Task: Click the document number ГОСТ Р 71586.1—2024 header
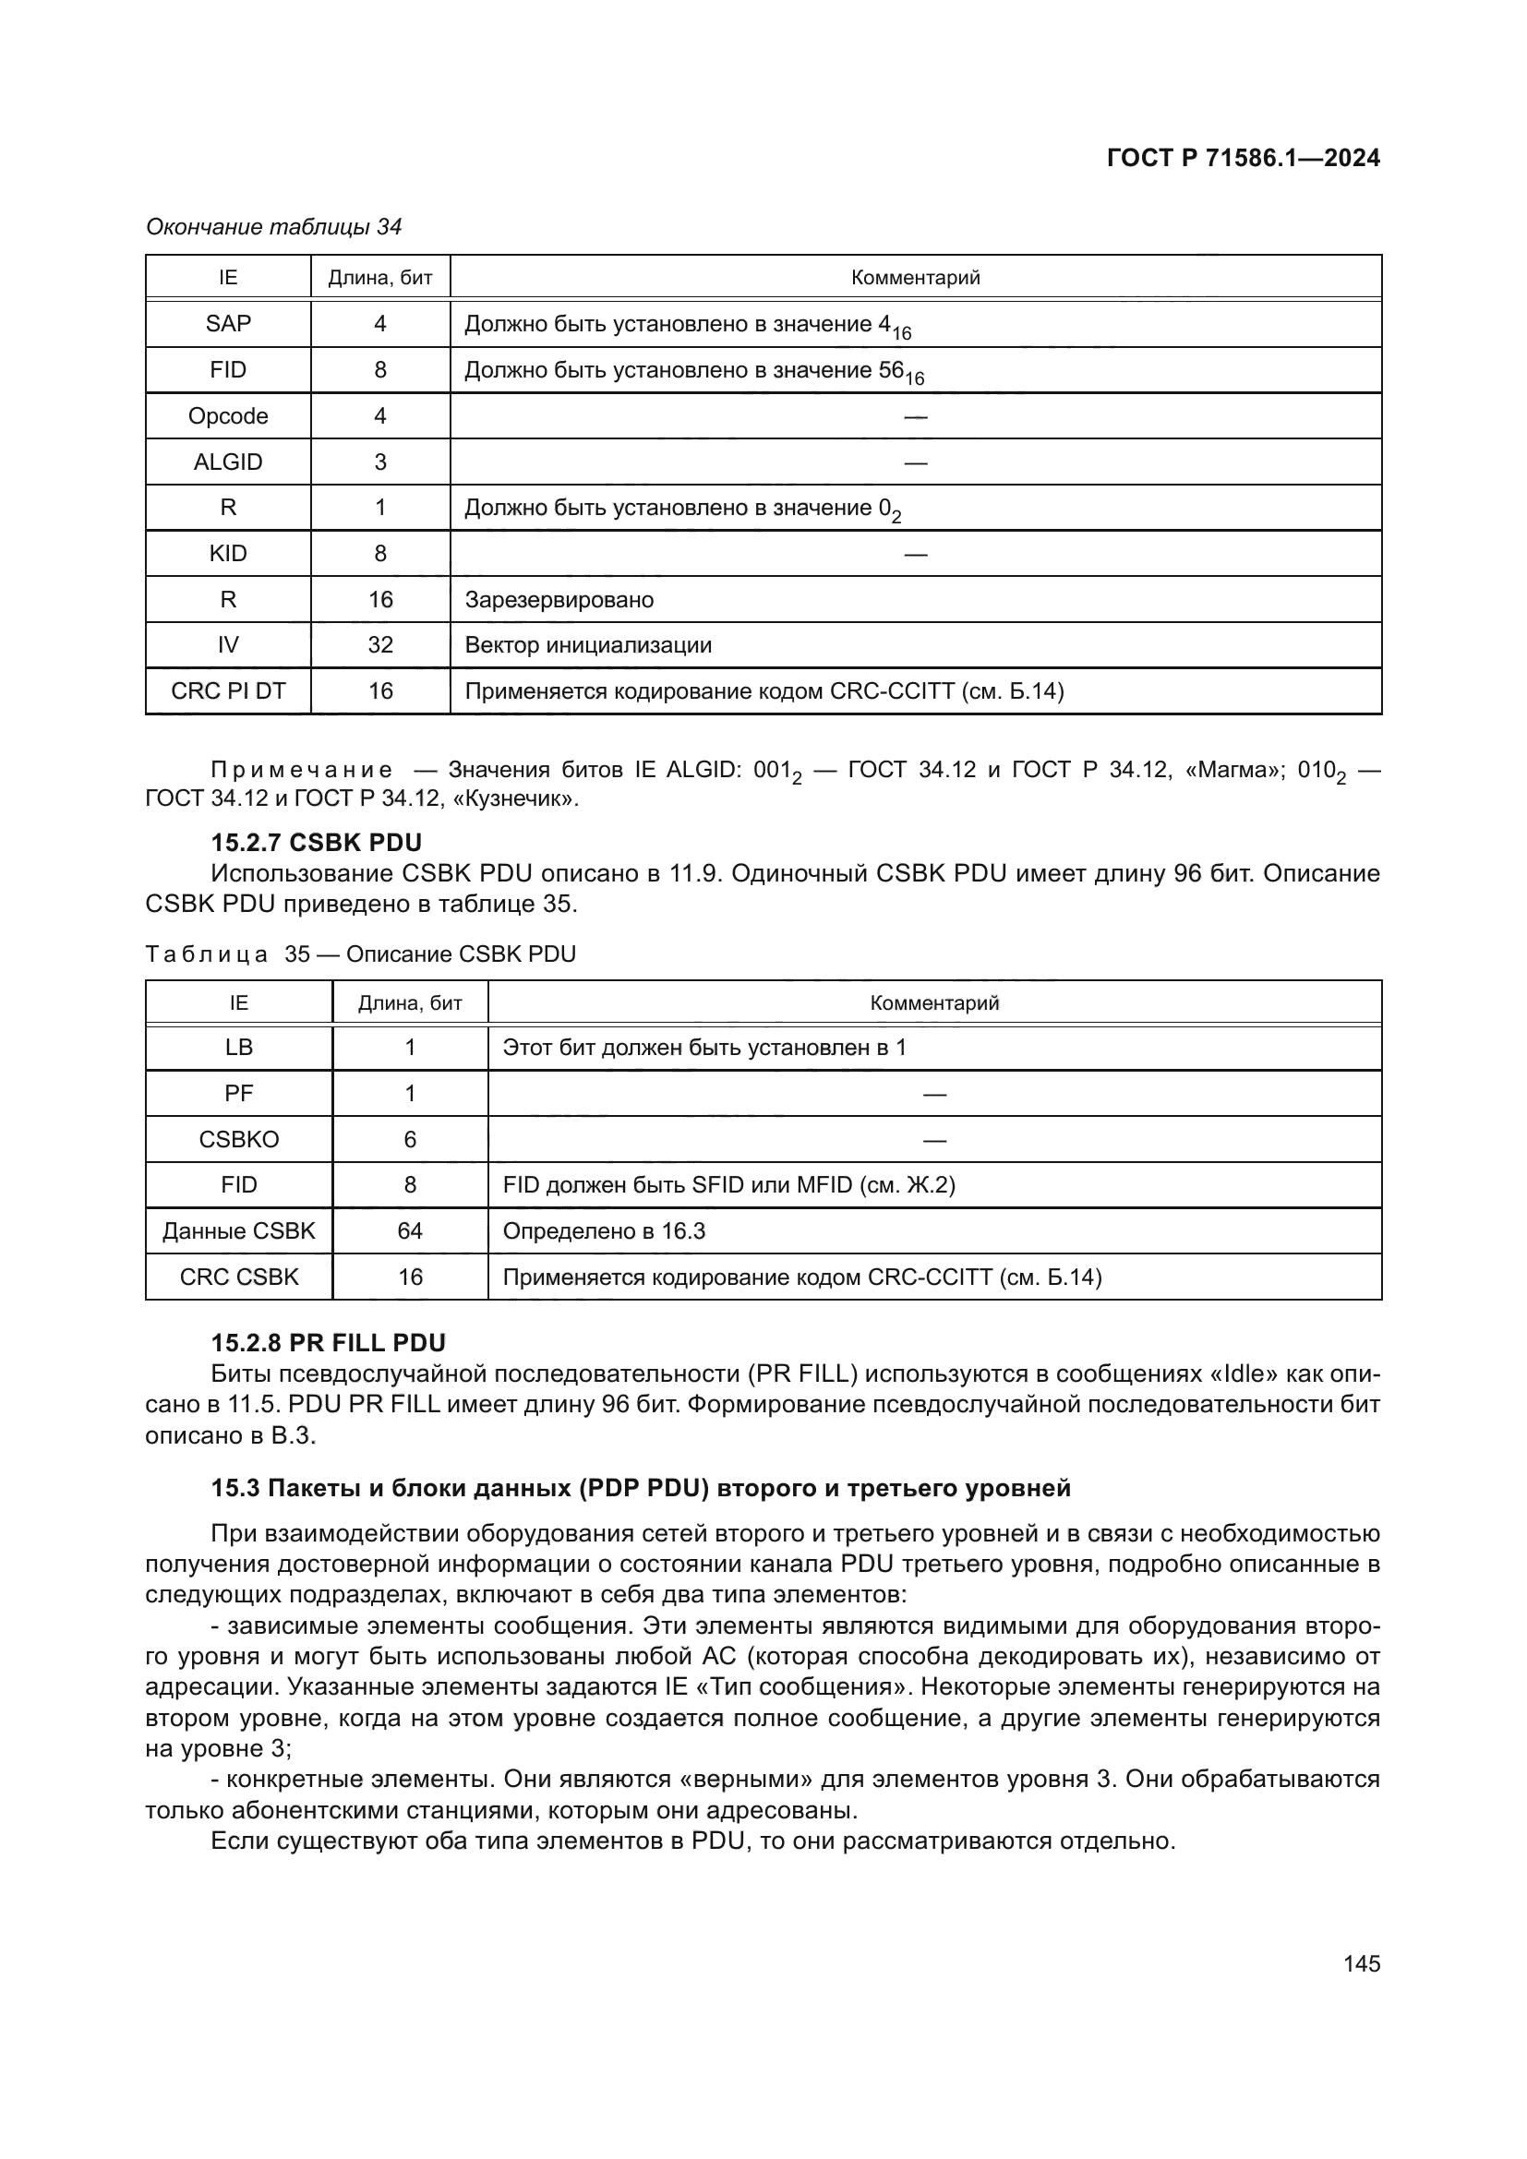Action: (1242, 158)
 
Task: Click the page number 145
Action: (1362, 1963)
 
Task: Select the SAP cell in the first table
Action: (227, 323)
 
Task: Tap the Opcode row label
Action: (227, 415)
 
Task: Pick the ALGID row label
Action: (227, 462)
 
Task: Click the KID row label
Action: (227, 553)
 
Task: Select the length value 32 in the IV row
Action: (379, 645)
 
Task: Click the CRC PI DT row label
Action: (227, 691)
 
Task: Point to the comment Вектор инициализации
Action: (588, 645)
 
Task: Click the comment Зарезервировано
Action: (559, 600)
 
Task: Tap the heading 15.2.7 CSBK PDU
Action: (316, 842)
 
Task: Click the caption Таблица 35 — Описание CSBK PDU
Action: (360, 954)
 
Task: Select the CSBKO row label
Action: (239, 1140)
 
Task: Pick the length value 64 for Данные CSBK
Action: (410, 1231)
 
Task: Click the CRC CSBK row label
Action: (239, 1277)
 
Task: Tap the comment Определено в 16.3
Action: (604, 1231)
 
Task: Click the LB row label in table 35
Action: (239, 1048)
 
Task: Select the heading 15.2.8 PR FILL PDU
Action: (328, 1343)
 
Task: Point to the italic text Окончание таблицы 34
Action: (273, 227)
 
